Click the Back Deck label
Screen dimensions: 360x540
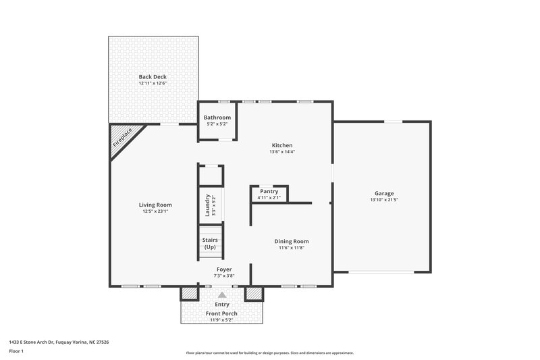point(153,77)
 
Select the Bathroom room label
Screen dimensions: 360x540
point(217,118)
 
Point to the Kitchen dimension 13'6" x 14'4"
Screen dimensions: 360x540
point(282,152)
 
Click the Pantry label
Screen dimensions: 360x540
point(269,191)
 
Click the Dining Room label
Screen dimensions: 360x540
point(291,241)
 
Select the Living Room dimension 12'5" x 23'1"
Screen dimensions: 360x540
point(155,211)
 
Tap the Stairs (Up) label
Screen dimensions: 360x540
point(210,243)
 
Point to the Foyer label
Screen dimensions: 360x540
point(224,269)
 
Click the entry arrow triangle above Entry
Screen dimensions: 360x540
point(222,294)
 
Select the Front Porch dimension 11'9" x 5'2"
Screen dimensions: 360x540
point(222,319)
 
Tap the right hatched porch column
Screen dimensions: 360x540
point(254,294)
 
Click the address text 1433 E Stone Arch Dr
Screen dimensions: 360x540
point(59,342)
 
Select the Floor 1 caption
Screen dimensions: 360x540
point(16,351)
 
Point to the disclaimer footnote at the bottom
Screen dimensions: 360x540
point(269,353)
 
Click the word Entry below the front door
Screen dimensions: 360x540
point(222,305)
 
